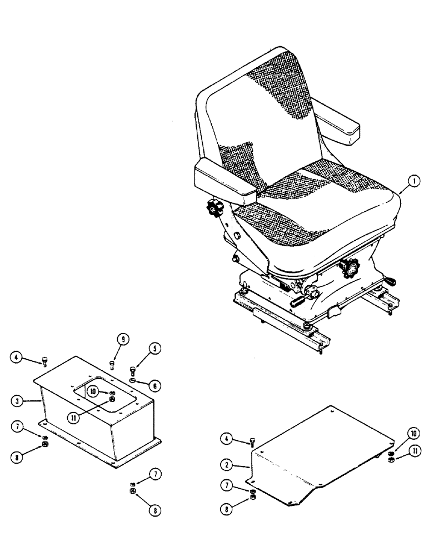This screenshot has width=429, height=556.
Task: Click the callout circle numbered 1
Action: coord(412,182)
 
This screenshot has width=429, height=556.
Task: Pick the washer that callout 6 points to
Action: coord(132,381)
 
